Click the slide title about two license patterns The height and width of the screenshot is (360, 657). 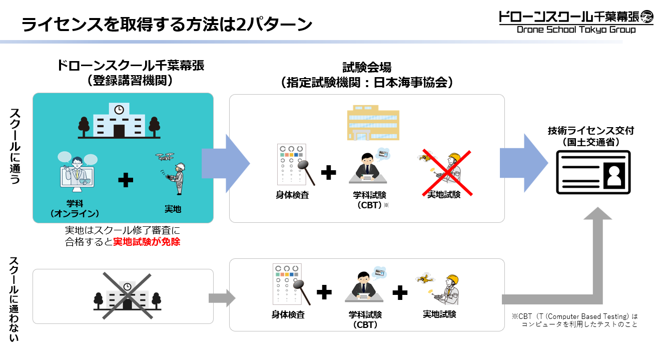pos(167,24)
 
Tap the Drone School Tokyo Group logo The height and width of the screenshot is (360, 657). pos(575,22)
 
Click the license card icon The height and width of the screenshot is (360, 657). pos(593,172)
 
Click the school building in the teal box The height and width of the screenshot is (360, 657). pos(119,121)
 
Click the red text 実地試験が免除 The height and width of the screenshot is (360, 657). pos(147,242)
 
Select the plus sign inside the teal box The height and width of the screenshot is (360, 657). pos(126,180)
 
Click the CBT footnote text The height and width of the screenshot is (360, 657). pos(574,320)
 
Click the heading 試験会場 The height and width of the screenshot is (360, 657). pos(367,67)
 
